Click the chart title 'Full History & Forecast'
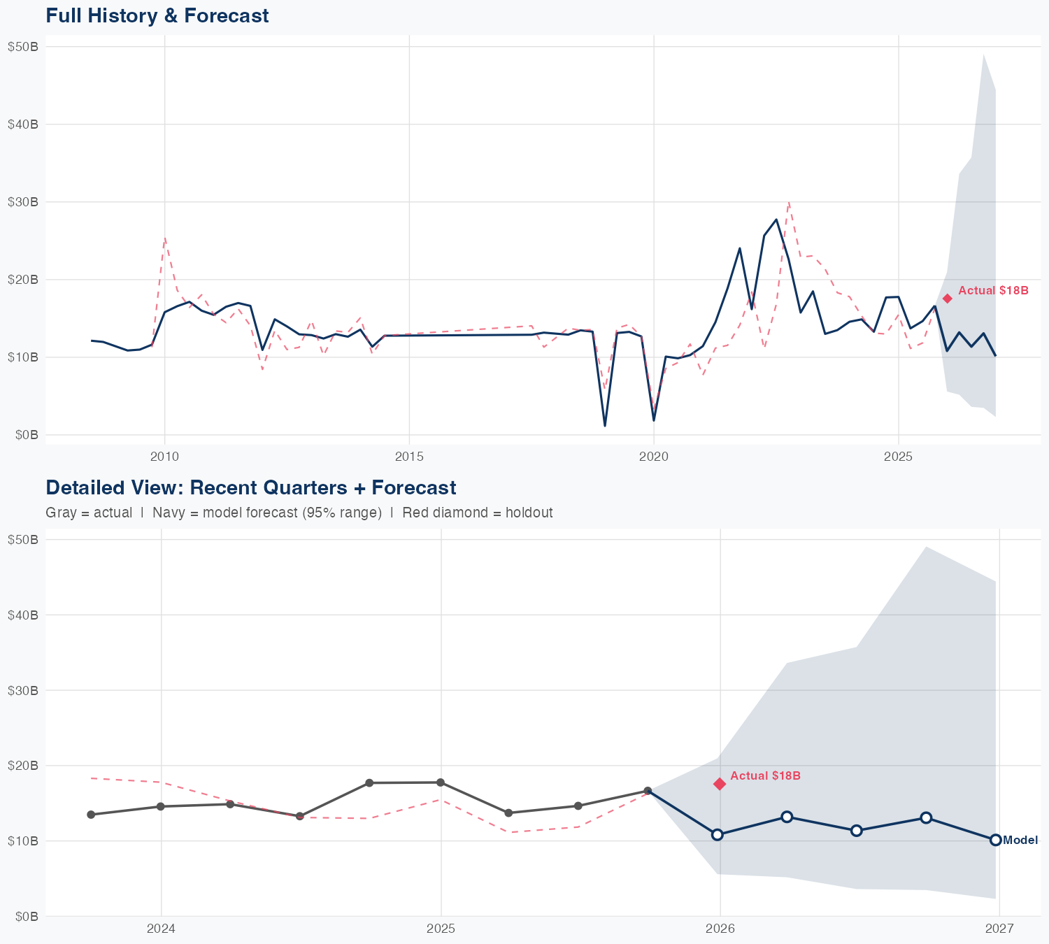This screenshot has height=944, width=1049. [157, 15]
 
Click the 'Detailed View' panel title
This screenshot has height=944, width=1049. [250, 487]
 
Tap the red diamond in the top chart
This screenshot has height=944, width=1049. [947, 299]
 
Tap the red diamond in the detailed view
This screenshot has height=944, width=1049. [720, 784]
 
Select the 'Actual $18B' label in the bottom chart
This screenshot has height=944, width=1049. [765, 775]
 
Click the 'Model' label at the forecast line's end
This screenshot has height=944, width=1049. [1020, 841]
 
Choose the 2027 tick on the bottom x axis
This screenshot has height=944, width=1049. [999, 929]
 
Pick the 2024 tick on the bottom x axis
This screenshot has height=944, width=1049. [161, 929]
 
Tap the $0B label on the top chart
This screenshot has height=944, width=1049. [27, 435]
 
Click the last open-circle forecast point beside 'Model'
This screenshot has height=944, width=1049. [995, 840]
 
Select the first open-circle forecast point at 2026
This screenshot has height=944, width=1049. [717, 834]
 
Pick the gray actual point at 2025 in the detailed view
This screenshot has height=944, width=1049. [440, 782]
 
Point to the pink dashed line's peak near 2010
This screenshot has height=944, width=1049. [164, 238]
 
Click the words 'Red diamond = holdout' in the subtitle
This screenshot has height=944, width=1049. [477, 513]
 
